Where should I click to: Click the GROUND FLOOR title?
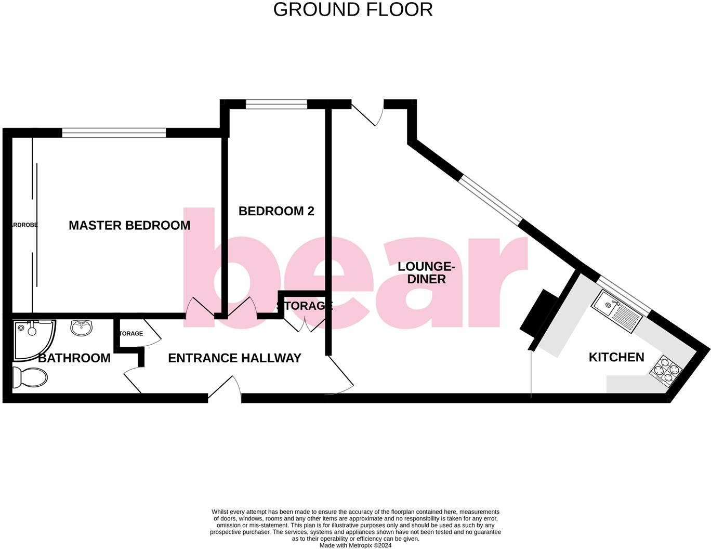[353, 10]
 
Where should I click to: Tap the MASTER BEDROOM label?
[129, 225]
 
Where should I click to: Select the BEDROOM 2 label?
[276, 211]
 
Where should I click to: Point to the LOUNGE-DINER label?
[426, 273]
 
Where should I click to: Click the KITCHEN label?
[616, 357]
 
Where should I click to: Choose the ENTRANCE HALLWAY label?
[234, 358]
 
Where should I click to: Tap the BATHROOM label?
[74, 358]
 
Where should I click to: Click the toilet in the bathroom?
[29, 377]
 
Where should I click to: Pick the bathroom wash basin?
[82, 328]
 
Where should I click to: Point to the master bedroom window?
[114, 133]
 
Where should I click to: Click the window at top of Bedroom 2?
[276, 104]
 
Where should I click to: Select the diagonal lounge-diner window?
[489, 200]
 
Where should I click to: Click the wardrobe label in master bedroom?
[23, 225]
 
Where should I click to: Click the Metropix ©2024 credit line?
[355, 545]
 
